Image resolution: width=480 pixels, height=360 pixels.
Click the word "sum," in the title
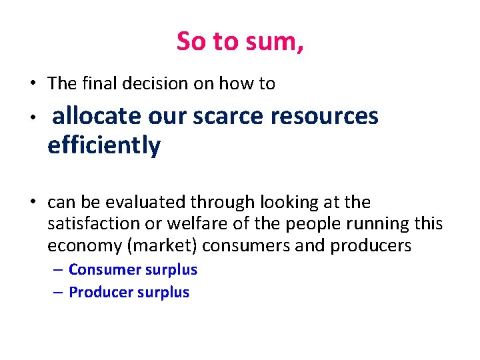click(x=277, y=42)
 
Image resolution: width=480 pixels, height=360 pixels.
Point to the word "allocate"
click(x=96, y=117)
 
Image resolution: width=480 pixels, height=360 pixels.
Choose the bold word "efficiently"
click(x=104, y=146)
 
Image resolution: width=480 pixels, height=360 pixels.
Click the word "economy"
click(x=84, y=246)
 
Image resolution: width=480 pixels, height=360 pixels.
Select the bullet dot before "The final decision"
click(x=32, y=84)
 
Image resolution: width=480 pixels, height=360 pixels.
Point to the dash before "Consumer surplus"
click(x=59, y=270)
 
